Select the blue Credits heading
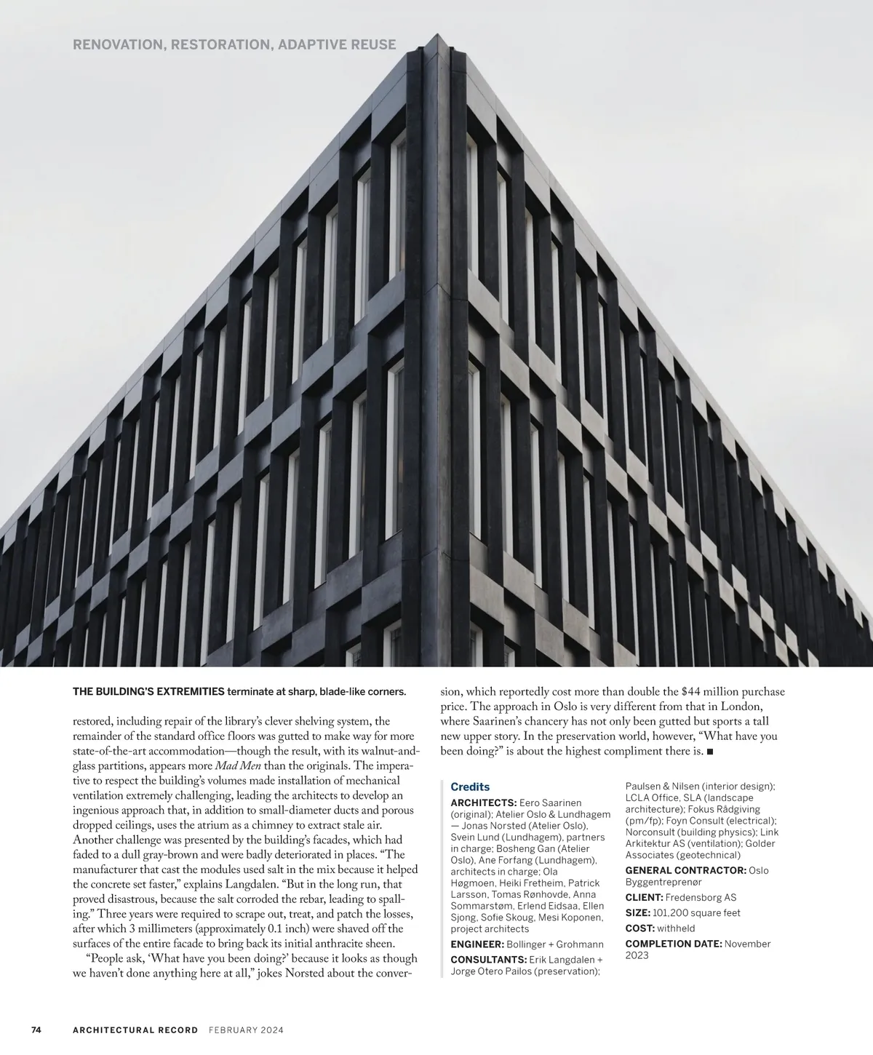coord(470,787)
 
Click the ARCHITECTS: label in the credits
coord(484,802)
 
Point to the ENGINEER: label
coord(477,944)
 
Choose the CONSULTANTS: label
coord(488,960)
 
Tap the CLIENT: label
coord(644,898)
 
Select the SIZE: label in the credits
coord(638,913)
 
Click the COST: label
coord(640,928)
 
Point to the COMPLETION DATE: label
coord(674,944)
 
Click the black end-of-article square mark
coord(710,751)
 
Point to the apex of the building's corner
coord(438,35)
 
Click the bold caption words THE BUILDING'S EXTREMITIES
coord(148,691)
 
